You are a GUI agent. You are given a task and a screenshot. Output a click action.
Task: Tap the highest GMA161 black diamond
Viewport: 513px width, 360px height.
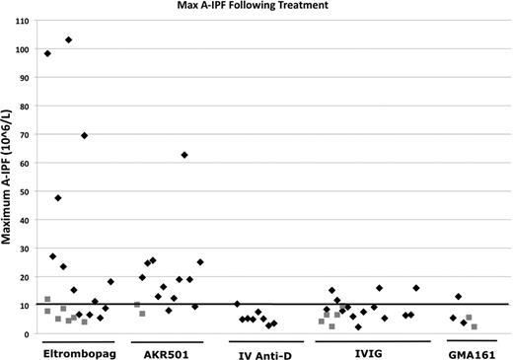point(458,297)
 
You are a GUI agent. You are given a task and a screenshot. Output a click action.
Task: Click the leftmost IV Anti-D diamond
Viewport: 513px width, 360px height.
point(237,305)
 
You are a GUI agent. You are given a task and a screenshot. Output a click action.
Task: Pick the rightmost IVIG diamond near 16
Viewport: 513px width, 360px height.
point(416,288)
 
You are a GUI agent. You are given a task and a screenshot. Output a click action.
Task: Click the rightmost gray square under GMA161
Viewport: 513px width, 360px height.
point(475,326)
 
